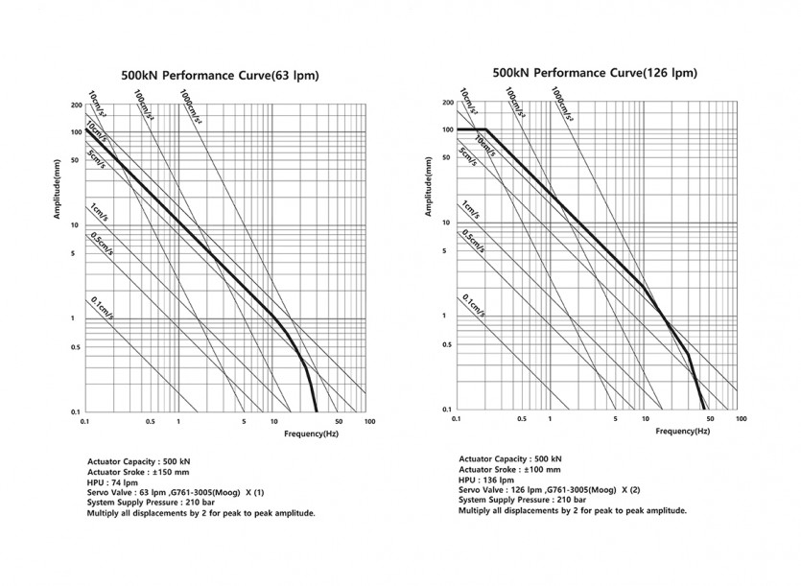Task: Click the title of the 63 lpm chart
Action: tap(220, 75)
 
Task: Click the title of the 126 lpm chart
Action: tap(594, 72)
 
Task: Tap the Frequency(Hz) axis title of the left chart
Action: tap(311, 434)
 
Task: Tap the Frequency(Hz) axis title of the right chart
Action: tap(682, 432)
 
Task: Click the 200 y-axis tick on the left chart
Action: tap(73, 105)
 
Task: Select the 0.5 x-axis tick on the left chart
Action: tap(150, 422)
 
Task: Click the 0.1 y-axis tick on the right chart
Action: tap(446, 410)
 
